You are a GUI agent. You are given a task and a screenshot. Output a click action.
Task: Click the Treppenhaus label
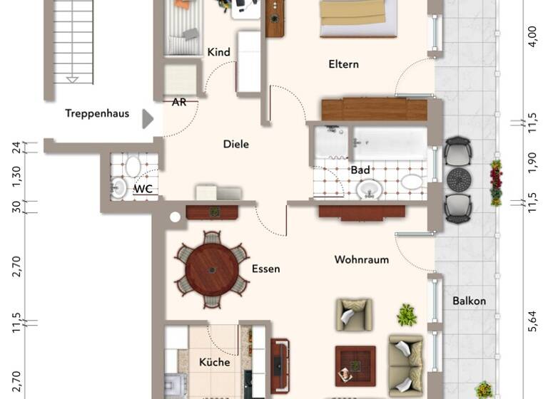tap(97, 113)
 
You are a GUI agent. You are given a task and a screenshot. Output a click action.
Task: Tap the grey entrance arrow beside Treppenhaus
tap(148, 118)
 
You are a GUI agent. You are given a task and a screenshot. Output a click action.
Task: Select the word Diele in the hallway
tap(236, 144)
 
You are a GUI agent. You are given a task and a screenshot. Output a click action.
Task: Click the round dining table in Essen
tap(212, 270)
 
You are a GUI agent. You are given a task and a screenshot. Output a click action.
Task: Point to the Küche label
tap(214, 362)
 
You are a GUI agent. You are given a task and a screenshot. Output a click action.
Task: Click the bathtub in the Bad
tap(390, 144)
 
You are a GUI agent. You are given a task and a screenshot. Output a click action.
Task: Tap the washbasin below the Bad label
tap(368, 189)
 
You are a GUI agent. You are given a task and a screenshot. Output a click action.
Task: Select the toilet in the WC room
tap(133, 167)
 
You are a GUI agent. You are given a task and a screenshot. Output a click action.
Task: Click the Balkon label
tap(469, 301)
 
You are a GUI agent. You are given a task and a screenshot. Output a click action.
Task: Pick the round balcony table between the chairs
tap(458, 179)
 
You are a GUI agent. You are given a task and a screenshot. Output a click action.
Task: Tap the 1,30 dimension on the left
tap(16, 173)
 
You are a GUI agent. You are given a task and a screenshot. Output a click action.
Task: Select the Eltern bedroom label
tap(343, 64)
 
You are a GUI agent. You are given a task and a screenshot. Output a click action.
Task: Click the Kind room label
tap(218, 52)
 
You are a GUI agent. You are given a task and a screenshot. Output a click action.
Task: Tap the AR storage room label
tap(179, 102)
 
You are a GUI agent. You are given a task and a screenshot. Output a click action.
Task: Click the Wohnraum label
tap(362, 260)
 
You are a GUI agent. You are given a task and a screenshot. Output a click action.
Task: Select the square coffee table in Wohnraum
tap(355, 364)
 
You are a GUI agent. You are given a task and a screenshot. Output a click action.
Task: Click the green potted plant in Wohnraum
tap(407, 314)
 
